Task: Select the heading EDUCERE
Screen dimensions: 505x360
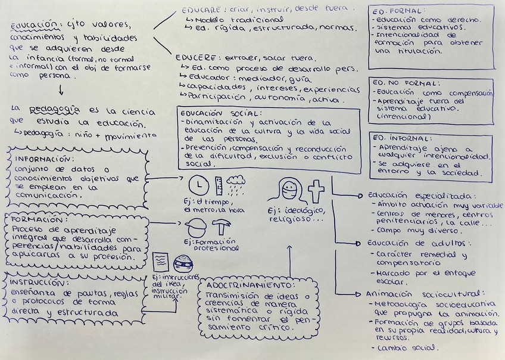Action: coord(196,57)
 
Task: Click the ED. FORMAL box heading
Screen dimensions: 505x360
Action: coord(390,11)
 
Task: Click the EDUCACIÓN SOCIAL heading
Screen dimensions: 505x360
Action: coord(220,113)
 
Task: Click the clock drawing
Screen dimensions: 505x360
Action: coord(198,187)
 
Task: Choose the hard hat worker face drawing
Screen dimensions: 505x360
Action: coord(196,228)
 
